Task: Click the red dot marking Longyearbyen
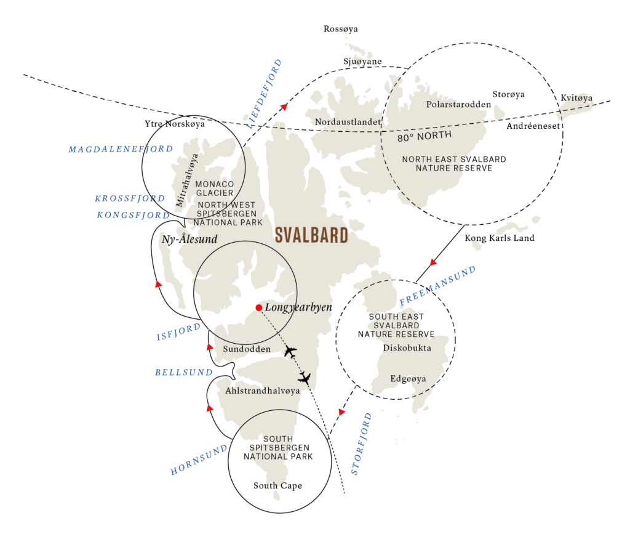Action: click(259, 307)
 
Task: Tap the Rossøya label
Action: click(341, 29)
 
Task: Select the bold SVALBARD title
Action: click(311, 235)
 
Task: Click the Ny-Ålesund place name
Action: click(189, 239)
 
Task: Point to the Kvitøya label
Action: click(576, 98)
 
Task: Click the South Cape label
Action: click(277, 486)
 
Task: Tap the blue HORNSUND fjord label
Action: click(199, 460)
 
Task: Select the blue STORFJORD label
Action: click(361, 444)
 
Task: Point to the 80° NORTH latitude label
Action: click(425, 136)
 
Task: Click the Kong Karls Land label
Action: click(500, 238)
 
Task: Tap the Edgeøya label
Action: click(409, 379)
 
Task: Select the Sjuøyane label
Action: click(362, 62)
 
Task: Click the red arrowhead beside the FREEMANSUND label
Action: click(433, 262)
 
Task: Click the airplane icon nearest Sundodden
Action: click(290, 352)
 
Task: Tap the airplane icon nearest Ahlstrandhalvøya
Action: click(304, 378)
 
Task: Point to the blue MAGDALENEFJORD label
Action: click(121, 149)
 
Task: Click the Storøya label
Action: click(509, 94)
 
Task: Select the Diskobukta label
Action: click(407, 348)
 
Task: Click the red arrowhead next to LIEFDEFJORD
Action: click(284, 107)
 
